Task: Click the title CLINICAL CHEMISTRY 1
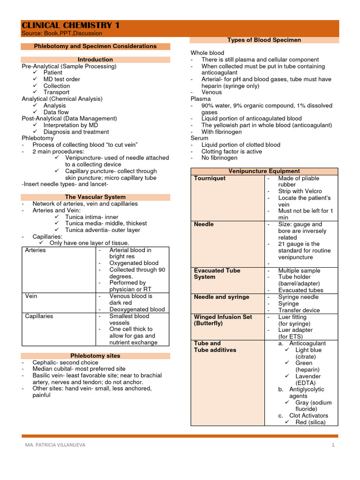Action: [70, 25]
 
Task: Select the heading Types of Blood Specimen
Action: [264, 40]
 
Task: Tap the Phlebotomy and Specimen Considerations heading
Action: [95, 46]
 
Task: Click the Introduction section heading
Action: [95, 60]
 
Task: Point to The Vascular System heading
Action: [95, 197]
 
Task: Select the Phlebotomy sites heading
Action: [95, 356]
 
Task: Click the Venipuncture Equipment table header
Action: [264, 171]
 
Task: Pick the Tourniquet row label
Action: [210, 178]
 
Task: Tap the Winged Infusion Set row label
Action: [223, 320]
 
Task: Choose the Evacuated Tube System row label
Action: [217, 274]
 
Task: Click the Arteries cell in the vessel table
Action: [36, 250]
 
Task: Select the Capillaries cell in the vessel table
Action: [39, 316]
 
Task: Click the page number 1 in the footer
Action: [333, 445]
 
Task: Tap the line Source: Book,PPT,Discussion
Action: [62, 34]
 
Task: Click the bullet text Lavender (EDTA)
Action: [308, 379]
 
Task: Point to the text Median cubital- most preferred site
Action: [79, 369]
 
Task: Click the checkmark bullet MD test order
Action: [61, 79]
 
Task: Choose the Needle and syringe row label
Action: [221, 297]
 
